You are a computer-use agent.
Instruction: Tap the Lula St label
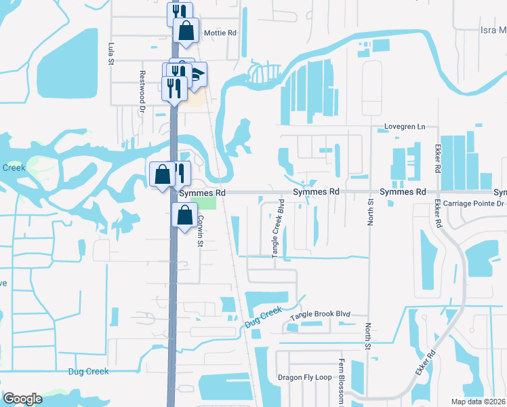(110, 54)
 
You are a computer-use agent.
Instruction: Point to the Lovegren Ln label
(404, 126)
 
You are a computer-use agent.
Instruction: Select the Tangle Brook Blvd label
(320, 315)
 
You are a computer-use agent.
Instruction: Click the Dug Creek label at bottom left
(88, 371)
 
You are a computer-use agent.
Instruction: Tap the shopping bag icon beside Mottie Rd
(186, 31)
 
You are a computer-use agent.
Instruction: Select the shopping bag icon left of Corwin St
(185, 215)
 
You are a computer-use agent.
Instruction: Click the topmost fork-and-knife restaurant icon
(180, 13)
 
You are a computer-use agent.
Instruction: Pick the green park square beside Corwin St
(209, 202)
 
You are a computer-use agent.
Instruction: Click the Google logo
(23, 399)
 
